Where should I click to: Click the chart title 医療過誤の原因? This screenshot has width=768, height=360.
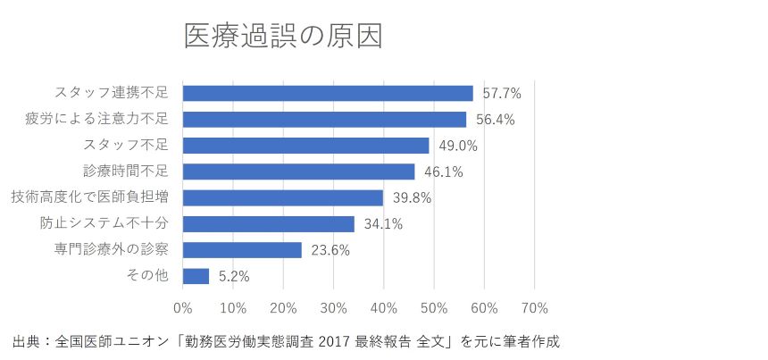tap(283, 37)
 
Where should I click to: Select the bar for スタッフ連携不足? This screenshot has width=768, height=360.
tap(328, 93)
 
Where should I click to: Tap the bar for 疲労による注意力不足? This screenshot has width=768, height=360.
tap(324, 119)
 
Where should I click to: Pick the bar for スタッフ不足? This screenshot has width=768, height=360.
tap(305, 145)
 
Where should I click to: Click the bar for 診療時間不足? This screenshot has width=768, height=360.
tap(298, 172)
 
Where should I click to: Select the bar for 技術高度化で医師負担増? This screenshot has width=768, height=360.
tap(282, 197)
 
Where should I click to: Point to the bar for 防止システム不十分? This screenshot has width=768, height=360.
tap(268, 223)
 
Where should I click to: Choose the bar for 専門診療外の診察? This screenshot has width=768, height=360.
tap(242, 250)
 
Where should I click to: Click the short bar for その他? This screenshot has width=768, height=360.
tap(196, 276)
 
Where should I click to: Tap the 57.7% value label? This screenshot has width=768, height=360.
tap(501, 93)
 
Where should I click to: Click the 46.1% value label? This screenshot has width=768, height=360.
tap(443, 172)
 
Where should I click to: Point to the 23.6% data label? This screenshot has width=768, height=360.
tap(330, 250)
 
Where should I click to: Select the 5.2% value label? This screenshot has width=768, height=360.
tap(234, 277)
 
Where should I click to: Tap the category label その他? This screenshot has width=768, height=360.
tap(148, 276)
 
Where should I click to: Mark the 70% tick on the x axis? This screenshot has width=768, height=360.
tap(534, 308)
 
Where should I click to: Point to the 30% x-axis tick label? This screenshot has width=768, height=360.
tap(333, 308)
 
